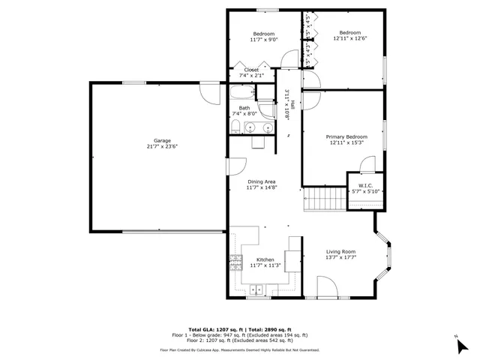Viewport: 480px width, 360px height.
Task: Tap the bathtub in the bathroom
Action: coord(242,94)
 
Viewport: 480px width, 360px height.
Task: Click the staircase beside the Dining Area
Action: coord(324,199)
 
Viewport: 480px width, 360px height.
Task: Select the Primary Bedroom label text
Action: coord(346,137)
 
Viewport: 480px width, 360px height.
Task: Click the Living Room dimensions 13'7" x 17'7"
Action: coord(340,258)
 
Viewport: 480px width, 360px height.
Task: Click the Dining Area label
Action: coord(262,181)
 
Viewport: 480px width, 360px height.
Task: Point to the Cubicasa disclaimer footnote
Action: coord(239,350)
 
